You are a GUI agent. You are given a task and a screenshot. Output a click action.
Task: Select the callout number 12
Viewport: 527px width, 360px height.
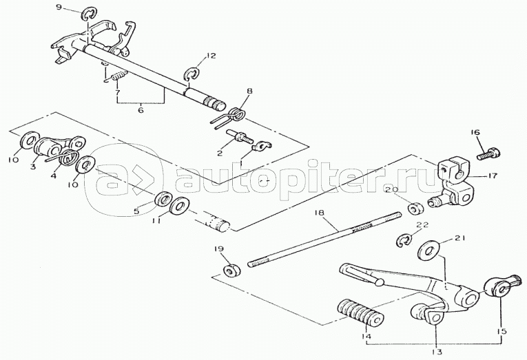pos(211,54)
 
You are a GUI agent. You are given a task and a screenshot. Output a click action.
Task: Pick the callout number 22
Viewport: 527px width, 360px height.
pos(422,225)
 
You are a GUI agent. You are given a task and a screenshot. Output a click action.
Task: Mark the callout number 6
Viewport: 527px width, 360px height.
pos(141,108)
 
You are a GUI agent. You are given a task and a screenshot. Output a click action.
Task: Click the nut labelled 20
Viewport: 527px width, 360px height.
pos(415,207)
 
